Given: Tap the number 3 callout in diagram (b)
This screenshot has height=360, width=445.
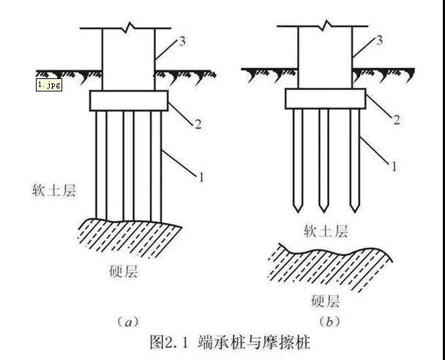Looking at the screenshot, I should pyautogui.click(x=378, y=39).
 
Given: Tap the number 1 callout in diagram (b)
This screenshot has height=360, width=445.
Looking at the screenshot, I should pyautogui.click(x=396, y=167).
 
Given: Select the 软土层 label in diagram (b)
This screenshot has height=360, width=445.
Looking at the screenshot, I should pyautogui.click(x=326, y=231).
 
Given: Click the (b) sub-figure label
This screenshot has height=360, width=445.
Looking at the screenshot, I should pyautogui.click(x=331, y=320).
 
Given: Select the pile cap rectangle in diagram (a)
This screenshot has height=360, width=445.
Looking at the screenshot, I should pyautogui.click(x=129, y=100).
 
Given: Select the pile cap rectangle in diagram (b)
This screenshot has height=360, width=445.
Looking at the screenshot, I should pyautogui.click(x=326, y=98).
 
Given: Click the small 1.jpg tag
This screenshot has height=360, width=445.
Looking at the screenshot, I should pyautogui.click(x=49, y=84).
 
